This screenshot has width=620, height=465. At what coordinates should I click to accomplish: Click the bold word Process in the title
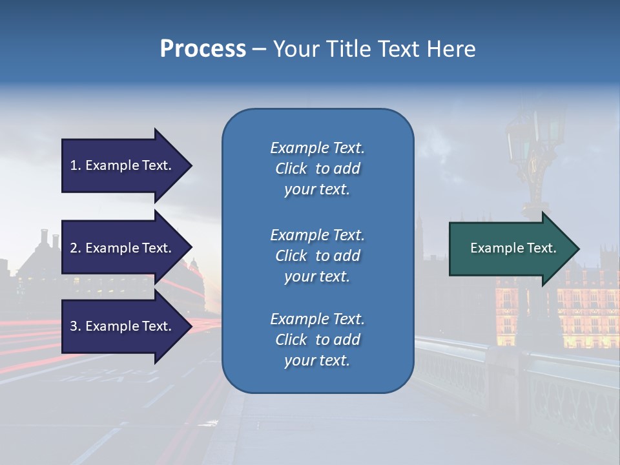point(203,49)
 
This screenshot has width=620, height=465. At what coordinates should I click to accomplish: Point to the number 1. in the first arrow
point(76,165)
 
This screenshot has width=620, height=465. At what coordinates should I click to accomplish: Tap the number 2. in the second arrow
point(76,248)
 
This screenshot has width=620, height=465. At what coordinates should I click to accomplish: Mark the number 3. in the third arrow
point(76,326)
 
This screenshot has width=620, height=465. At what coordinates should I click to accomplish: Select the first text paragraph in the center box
point(317,169)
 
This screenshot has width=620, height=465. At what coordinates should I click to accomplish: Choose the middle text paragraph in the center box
point(317,256)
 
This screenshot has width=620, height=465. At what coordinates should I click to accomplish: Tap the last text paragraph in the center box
point(317,340)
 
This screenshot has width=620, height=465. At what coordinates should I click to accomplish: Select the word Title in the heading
point(346,49)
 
